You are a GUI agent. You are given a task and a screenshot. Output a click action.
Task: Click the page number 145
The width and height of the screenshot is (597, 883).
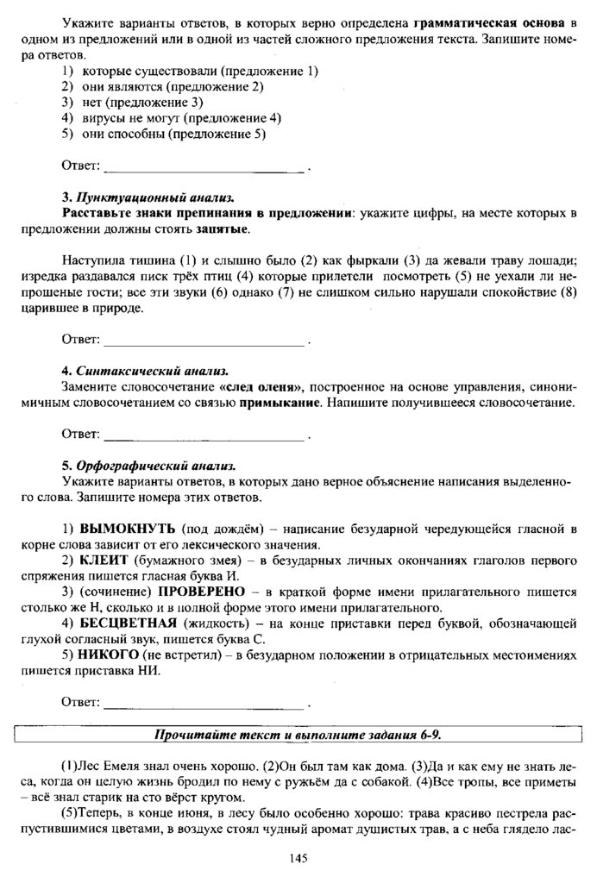(298, 857)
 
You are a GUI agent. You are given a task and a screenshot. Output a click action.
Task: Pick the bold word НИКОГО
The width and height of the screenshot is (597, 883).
(112, 655)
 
